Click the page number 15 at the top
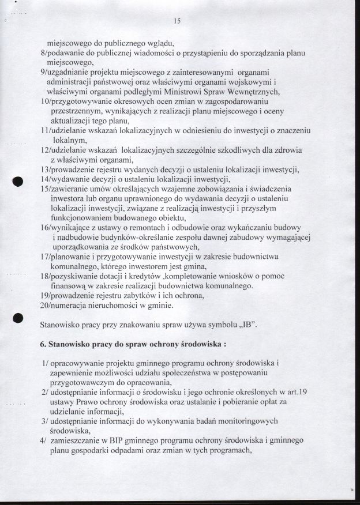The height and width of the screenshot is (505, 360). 177,21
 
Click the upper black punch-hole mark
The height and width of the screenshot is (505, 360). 18,181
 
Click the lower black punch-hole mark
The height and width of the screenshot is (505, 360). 18,317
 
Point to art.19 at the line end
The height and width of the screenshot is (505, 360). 294,392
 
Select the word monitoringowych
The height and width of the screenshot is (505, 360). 246,421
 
